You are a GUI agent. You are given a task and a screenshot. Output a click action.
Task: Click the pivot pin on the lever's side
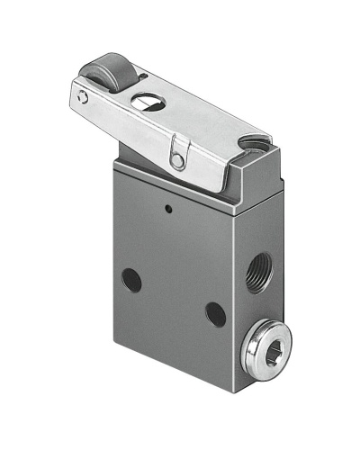180,160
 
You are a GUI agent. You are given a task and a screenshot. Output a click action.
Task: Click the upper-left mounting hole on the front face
132,280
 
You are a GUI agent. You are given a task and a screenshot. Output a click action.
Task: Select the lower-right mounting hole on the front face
215,314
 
